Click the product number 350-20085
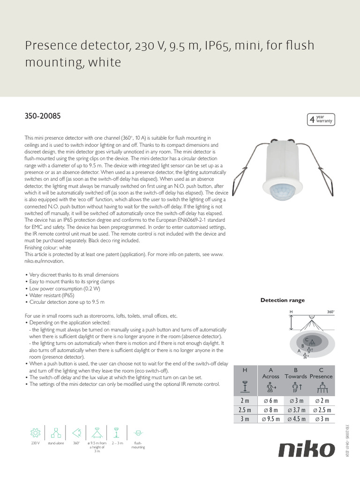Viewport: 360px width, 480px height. point(42,115)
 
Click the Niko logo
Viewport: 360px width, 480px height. point(307,450)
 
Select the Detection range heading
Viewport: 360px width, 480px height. point(282,300)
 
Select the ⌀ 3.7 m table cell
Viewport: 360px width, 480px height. point(296,410)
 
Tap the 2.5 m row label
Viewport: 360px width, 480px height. point(245,410)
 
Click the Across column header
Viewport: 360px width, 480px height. point(270,376)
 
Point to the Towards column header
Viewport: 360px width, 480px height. point(296,376)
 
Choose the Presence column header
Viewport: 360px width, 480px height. point(322,376)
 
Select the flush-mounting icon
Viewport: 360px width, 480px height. point(138,432)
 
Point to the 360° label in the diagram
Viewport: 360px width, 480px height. point(331,311)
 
